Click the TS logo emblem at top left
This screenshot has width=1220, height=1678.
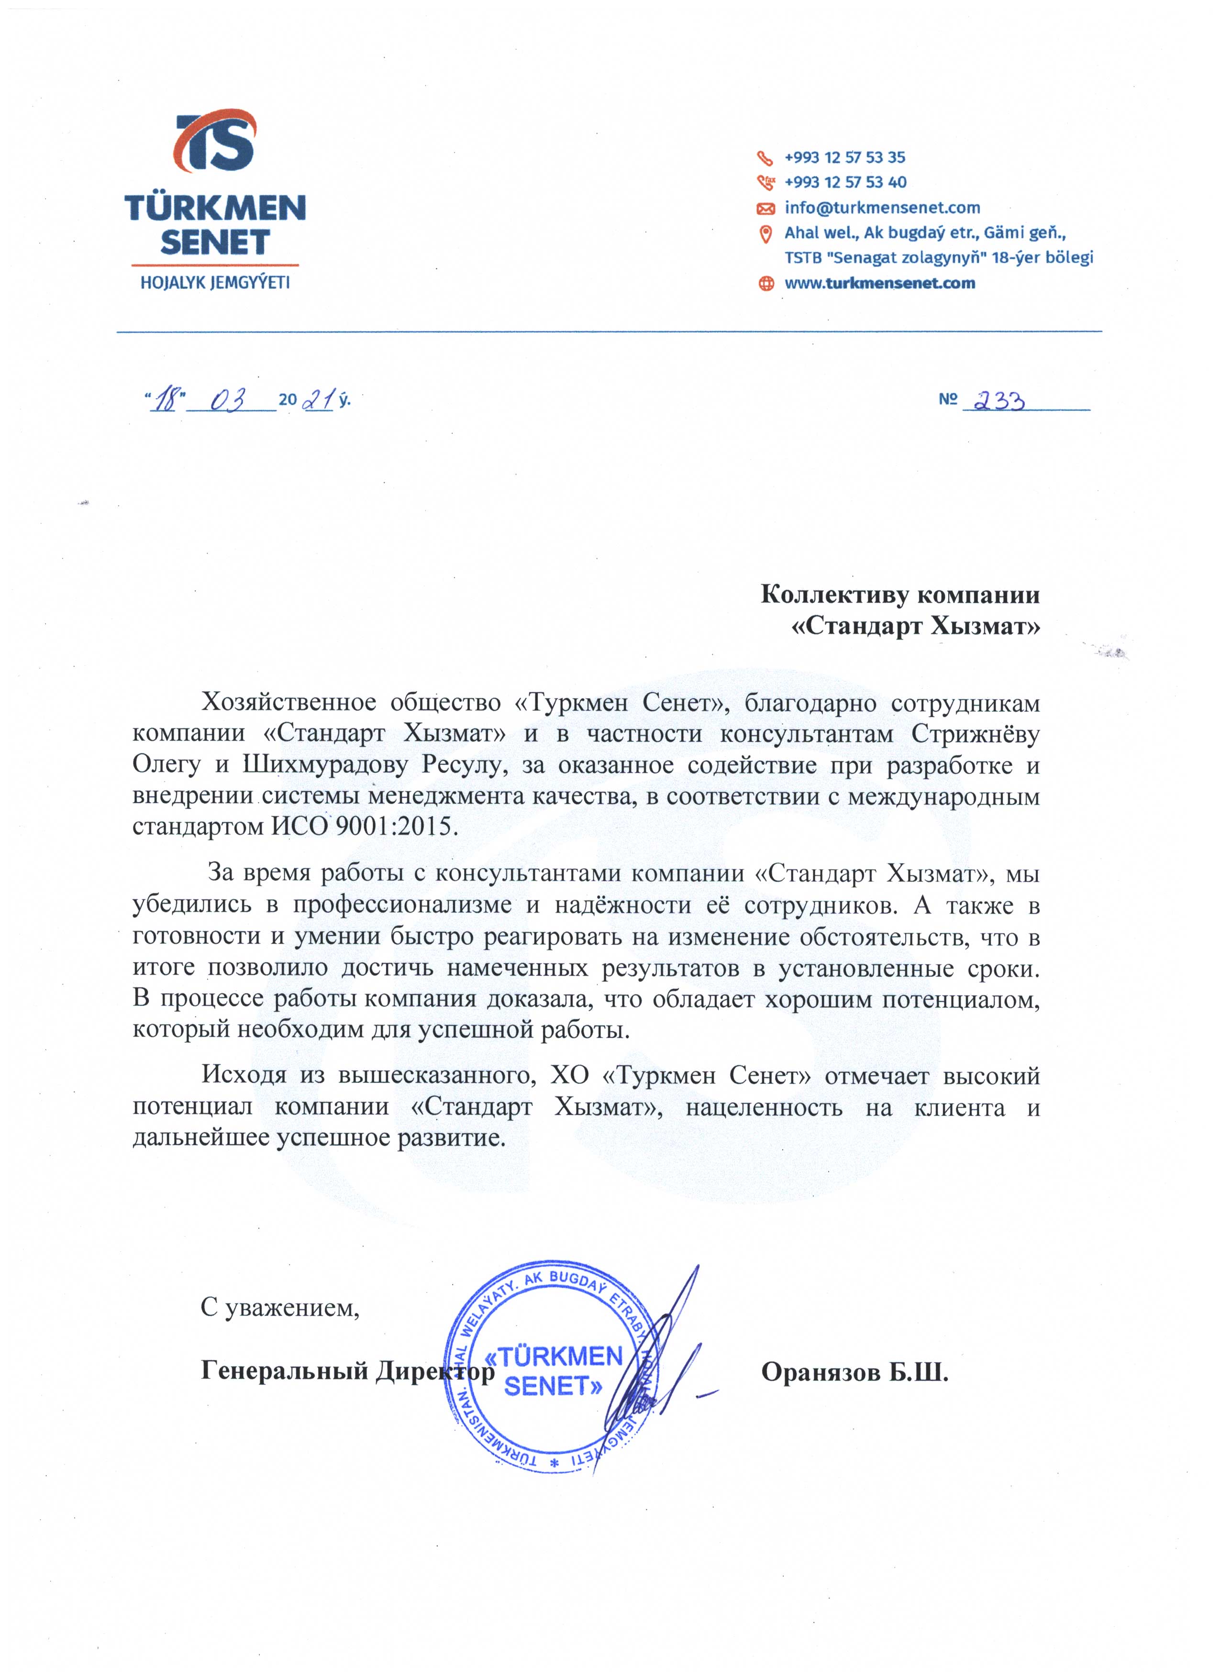coord(214,150)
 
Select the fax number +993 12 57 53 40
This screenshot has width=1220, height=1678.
coord(845,182)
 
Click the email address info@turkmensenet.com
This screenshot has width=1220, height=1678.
coord(882,208)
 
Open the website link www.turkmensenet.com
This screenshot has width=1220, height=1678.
coord(880,283)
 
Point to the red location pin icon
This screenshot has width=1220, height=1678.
coord(766,234)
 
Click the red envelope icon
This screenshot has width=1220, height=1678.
coord(766,209)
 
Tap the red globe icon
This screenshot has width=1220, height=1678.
coord(766,283)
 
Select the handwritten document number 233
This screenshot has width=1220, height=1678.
coord(999,400)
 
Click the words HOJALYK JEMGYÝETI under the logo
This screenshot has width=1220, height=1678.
coord(214,283)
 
